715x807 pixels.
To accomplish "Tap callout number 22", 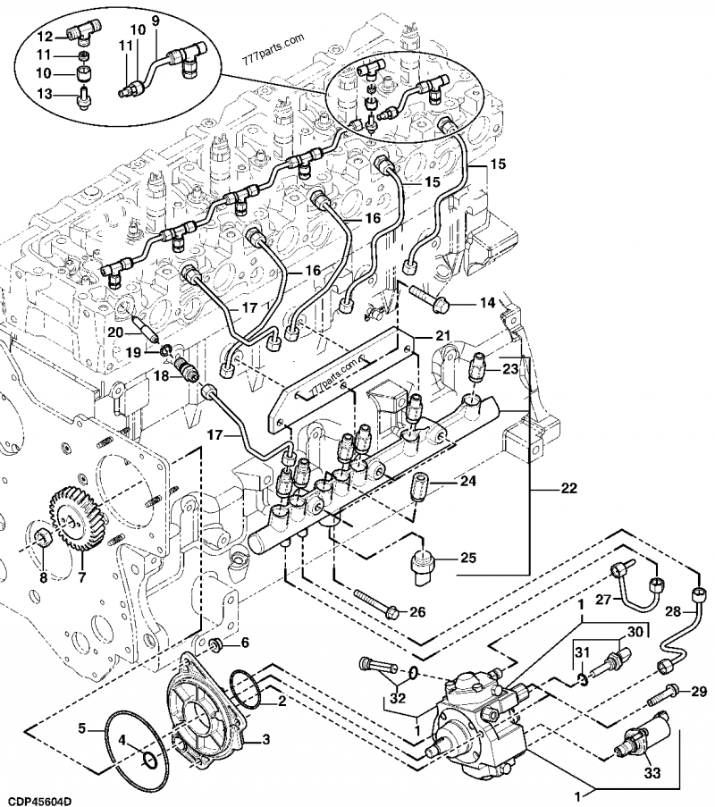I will pyautogui.click(x=568, y=489).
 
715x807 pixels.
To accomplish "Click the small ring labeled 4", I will pyautogui.click(x=150, y=759).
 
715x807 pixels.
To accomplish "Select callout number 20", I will pyautogui.click(x=114, y=332).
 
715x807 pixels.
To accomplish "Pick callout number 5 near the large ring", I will pyautogui.click(x=81, y=728).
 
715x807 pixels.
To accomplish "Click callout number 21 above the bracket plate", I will pyautogui.click(x=444, y=335).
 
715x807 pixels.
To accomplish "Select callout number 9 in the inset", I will pyautogui.click(x=154, y=20).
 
